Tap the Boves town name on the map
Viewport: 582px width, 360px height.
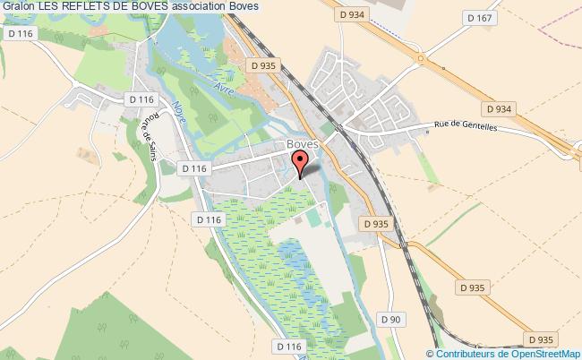(x=303, y=144)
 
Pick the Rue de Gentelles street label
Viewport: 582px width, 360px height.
(x=466, y=127)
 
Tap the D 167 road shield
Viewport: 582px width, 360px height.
(x=480, y=17)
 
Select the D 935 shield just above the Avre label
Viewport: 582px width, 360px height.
(x=263, y=65)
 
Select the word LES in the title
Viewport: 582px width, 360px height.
(x=49, y=6)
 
